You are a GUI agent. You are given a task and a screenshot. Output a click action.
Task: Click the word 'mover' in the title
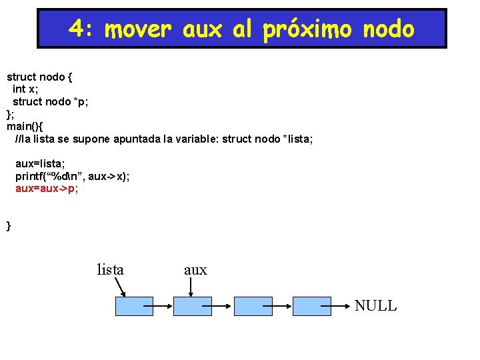coord(139,29)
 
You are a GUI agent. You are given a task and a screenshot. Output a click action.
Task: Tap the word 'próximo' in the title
coord(306,29)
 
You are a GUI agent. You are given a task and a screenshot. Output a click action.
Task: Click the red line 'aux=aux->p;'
coord(47,189)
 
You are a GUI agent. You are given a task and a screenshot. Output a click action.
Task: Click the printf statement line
coord(73,176)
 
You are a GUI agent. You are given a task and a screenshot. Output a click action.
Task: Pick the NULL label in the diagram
coord(375,306)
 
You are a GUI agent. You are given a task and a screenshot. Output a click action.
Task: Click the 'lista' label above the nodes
coord(111,270)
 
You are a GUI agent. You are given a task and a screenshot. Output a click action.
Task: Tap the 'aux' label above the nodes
coord(195,270)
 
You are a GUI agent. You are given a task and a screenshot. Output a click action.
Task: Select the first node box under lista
coord(134,306)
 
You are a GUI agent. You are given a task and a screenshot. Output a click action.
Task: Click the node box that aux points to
coord(192,306)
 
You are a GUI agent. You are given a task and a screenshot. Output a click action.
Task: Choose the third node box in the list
coord(253,306)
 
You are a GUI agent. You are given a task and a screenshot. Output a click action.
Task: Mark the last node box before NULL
coord(312,306)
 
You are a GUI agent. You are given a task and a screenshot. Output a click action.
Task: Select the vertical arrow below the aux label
coord(192,287)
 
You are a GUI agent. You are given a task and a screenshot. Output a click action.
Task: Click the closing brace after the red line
coord(9,226)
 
